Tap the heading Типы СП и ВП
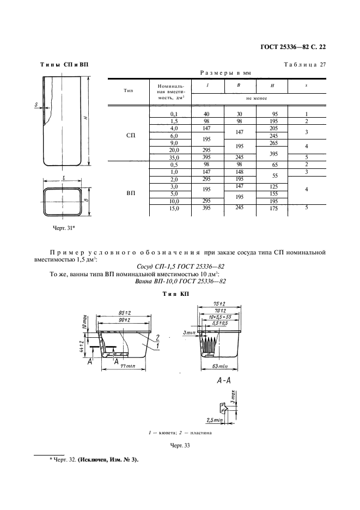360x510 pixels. click(64, 65)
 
